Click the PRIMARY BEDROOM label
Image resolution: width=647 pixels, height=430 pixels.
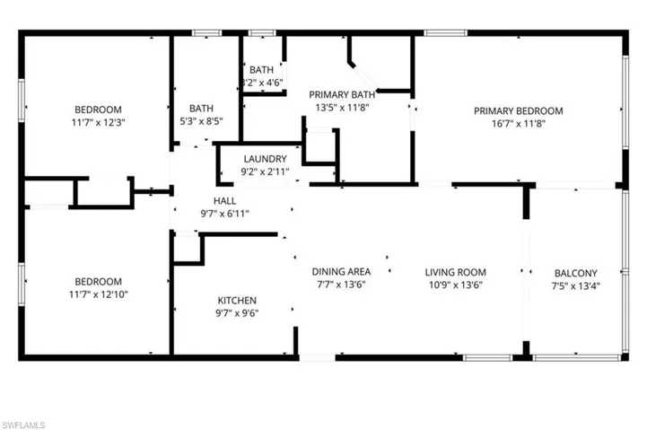coord(519,111)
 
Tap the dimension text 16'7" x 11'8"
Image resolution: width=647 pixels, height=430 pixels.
coord(519,124)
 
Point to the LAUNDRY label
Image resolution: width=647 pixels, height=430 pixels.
coord(264,159)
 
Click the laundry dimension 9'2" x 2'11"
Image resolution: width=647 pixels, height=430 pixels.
coord(264,171)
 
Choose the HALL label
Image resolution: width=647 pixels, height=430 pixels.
coord(224,201)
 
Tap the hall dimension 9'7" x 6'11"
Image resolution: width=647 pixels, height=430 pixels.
coord(224,214)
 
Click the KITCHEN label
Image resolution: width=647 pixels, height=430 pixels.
coord(238,301)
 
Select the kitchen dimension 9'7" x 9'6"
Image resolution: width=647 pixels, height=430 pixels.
coord(238,313)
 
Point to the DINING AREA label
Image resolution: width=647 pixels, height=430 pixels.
coord(341,272)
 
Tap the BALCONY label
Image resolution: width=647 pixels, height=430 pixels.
coord(574,274)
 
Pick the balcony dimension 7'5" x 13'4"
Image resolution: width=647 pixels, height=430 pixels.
coord(574,286)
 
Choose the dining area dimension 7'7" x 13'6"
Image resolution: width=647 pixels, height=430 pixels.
coord(341,285)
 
